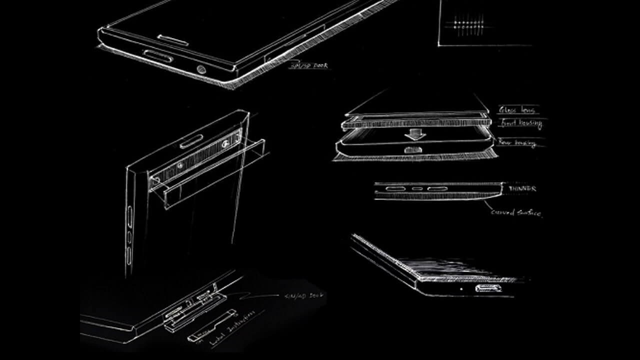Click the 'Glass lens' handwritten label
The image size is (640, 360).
[x=517, y=110]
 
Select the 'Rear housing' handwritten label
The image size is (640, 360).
[x=517, y=143]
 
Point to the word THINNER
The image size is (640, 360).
[x=522, y=188]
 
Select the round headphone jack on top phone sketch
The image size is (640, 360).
[x=202, y=70]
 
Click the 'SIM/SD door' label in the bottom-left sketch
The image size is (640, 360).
[x=302, y=295]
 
